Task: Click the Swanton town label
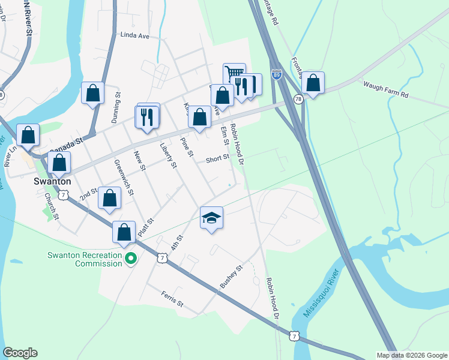coord(52,181)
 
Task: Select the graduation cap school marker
coord(211,218)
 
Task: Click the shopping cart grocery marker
coord(234,74)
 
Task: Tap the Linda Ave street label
coord(134,35)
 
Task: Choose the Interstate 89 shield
coord(276,74)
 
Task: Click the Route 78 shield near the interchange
coord(298,98)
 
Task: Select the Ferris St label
coord(172,299)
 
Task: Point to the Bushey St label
coord(230,277)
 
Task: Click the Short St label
coord(217,159)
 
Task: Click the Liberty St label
coord(169,155)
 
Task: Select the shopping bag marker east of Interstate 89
coord(313,82)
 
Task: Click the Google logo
coord(20,353)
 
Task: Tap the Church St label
coord(50,206)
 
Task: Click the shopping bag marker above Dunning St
coord(92,93)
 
